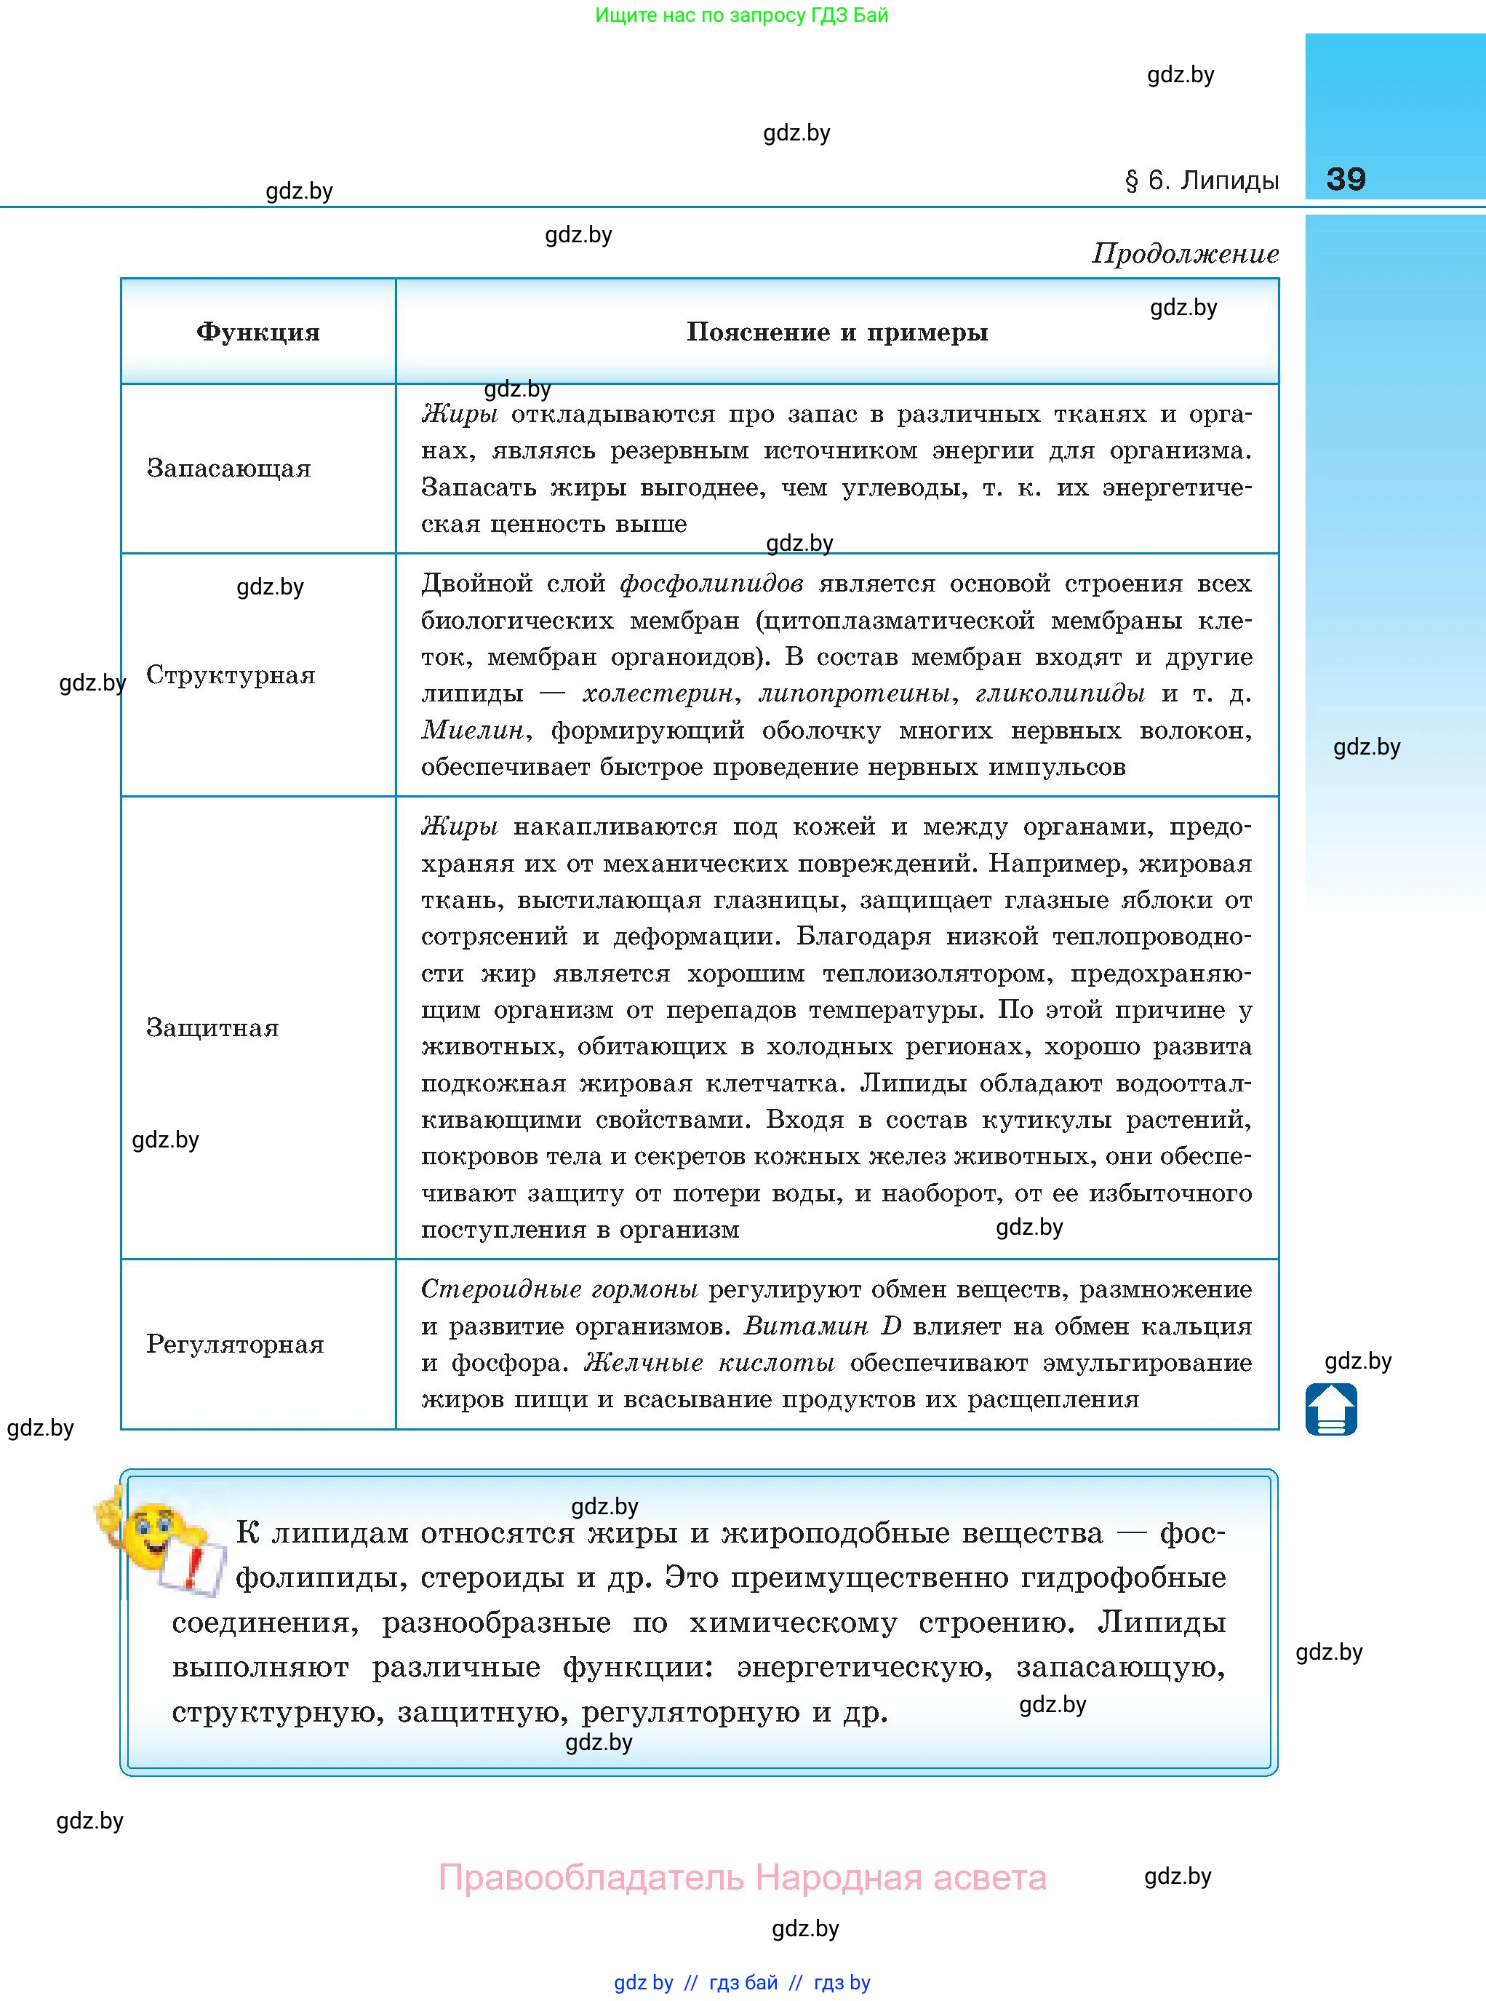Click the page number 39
coord(1346,179)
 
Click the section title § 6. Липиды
coord(1202,181)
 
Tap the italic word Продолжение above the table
coord(1185,254)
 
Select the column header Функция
coord(258,332)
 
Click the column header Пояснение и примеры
coord(836,332)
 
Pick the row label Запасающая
coord(228,469)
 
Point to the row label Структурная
coord(231,675)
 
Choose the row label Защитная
coord(212,1027)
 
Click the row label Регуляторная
coord(235,1344)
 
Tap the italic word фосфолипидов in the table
coord(711,584)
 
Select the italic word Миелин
coord(472,731)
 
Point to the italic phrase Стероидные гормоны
coord(559,1289)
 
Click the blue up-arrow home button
coord(1331,1409)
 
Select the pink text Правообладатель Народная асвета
coord(742,1878)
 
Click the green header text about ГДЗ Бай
coord(741,15)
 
